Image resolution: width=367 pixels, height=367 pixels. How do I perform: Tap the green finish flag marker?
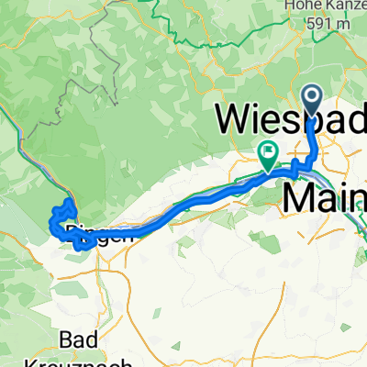(x=269, y=155)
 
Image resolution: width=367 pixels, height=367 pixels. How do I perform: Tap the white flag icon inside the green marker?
(x=269, y=152)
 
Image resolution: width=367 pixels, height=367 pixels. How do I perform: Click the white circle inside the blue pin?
(x=312, y=98)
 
